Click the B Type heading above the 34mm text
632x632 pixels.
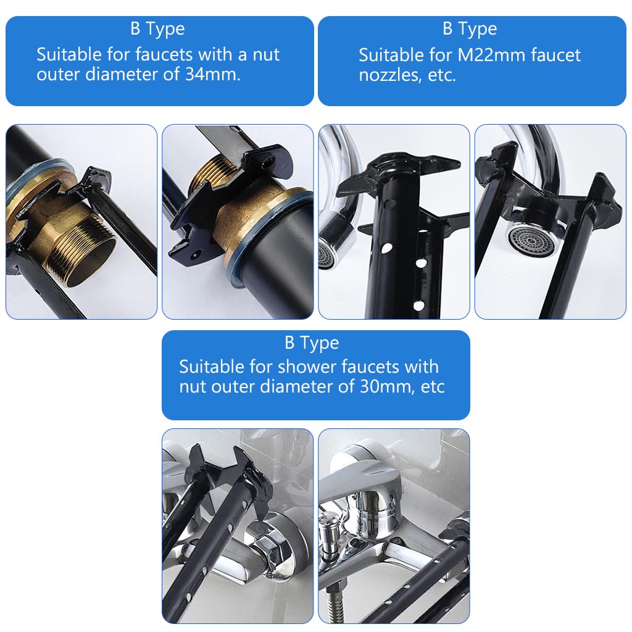pyautogui.click(x=157, y=29)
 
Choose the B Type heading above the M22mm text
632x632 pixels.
pyautogui.click(x=470, y=29)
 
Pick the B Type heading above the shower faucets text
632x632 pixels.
pyautogui.click(x=312, y=343)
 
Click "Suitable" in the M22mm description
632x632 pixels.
pyautogui.click(x=390, y=55)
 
